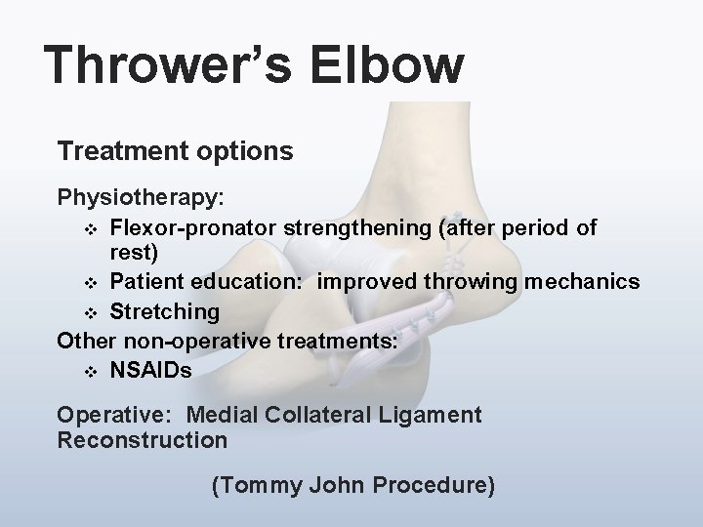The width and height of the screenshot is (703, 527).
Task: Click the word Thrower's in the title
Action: (x=165, y=66)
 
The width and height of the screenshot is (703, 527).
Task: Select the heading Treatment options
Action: (x=175, y=152)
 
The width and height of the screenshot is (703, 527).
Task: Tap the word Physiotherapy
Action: (x=141, y=198)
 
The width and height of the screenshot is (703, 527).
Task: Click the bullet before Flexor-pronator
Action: (x=91, y=228)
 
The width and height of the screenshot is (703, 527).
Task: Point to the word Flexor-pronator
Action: (x=193, y=227)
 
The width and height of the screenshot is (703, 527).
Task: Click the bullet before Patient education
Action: (x=91, y=283)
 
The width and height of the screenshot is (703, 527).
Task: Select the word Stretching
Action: (x=164, y=312)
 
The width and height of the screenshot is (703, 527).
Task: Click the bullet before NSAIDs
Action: (x=91, y=372)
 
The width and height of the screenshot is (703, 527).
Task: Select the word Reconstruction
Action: (x=143, y=440)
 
